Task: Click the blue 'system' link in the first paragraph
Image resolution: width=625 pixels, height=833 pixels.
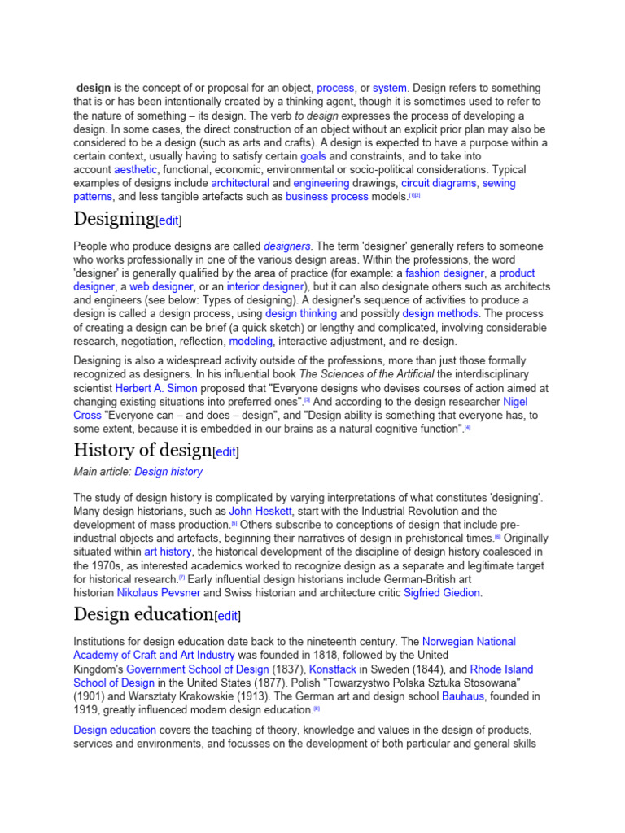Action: click(x=390, y=88)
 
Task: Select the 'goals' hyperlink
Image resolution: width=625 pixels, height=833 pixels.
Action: click(x=313, y=156)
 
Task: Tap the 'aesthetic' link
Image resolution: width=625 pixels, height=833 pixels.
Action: click(x=136, y=170)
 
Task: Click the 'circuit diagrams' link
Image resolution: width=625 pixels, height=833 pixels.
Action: click(x=439, y=184)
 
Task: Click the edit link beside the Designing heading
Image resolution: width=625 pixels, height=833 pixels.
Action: click(x=169, y=220)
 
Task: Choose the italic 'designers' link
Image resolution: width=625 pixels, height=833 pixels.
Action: click(x=287, y=246)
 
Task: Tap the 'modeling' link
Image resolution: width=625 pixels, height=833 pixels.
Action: click(x=251, y=342)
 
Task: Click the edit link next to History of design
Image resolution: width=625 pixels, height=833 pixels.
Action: click(x=226, y=451)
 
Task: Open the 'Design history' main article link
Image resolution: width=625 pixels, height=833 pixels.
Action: click(x=168, y=472)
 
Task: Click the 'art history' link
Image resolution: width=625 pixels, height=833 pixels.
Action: click(x=168, y=552)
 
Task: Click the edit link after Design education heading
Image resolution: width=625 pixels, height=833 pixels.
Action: click(x=228, y=616)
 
